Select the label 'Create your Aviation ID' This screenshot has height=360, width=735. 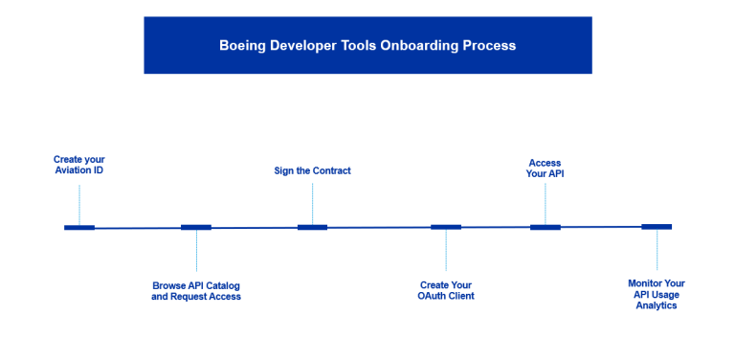[x=79, y=164]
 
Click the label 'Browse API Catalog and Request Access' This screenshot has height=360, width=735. [x=196, y=291]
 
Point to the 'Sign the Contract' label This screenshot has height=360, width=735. [x=313, y=170]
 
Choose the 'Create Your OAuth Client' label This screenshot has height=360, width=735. [x=446, y=291]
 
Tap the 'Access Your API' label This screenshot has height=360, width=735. [x=545, y=169]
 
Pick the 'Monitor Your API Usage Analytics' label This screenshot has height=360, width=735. [x=657, y=294]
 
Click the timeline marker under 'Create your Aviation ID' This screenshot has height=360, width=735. [x=79, y=228]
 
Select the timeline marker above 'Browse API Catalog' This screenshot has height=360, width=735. [x=196, y=228]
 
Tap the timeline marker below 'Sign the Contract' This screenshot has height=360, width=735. [x=313, y=228]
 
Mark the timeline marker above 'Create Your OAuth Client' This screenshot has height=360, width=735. [x=446, y=227]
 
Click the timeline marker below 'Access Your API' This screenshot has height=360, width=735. [x=546, y=227]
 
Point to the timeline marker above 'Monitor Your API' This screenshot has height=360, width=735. [x=657, y=227]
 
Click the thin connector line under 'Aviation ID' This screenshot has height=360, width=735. [x=79, y=202]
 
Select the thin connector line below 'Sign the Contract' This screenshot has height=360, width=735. [x=313, y=202]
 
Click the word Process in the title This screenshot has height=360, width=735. [x=489, y=45]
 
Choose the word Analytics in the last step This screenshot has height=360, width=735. [x=657, y=305]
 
